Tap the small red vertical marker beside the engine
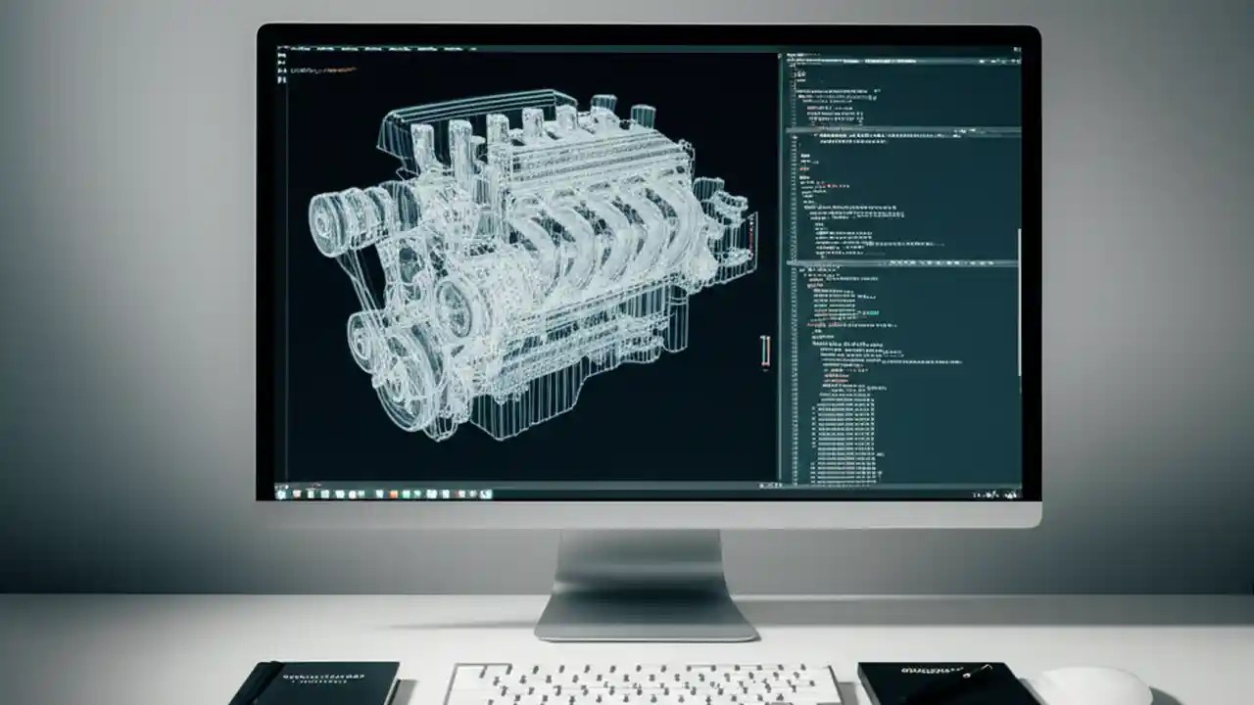coord(765,352)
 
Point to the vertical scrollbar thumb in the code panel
coord(1018,304)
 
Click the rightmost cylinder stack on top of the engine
coord(643,117)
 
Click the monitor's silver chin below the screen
coord(647,514)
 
